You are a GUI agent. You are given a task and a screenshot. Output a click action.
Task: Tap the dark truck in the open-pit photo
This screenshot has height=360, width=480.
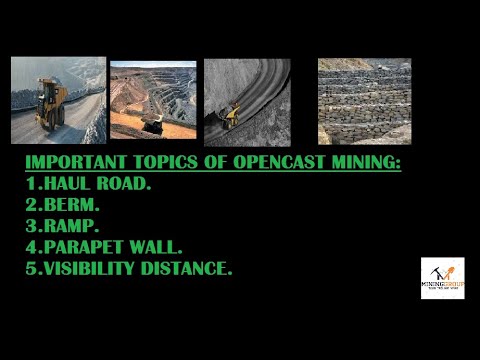tap(153, 123)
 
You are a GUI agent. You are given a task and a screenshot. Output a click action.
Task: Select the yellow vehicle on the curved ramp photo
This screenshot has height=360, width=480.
tap(231, 115)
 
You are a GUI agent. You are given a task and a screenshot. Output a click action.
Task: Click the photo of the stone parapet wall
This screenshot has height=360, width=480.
tap(364, 100)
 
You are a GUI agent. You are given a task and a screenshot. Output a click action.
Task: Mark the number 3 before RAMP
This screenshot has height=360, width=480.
tap(30, 225)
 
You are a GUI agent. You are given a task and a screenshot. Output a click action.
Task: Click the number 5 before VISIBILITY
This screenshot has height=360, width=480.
tap(30, 267)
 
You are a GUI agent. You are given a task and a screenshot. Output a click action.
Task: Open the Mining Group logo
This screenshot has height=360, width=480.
tap(442, 278)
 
